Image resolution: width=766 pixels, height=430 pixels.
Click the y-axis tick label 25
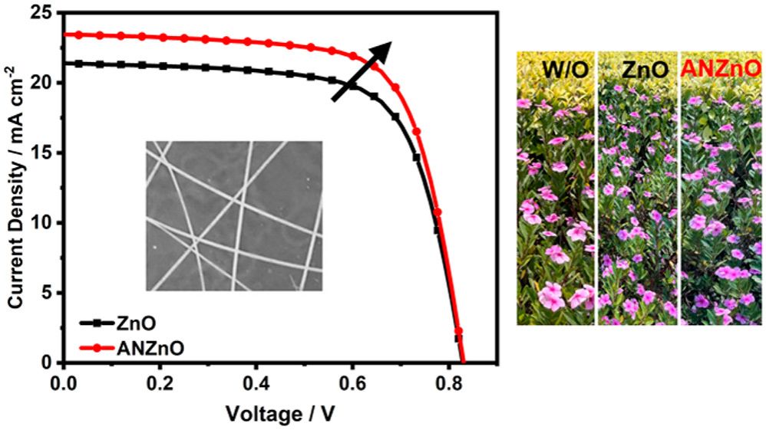(x=45, y=13)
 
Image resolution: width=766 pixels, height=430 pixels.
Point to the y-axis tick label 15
(x=45, y=153)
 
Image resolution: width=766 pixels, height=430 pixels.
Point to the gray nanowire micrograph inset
(x=233, y=215)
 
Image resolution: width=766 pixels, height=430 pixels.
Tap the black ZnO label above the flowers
(x=638, y=70)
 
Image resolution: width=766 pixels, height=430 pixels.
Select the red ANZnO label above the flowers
(x=721, y=70)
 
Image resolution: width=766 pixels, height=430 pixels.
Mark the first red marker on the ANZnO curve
(x=78, y=34)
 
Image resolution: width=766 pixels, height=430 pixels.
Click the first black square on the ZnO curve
(x=78, y=64)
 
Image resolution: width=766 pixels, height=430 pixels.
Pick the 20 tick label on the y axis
(x=45, y=83)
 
